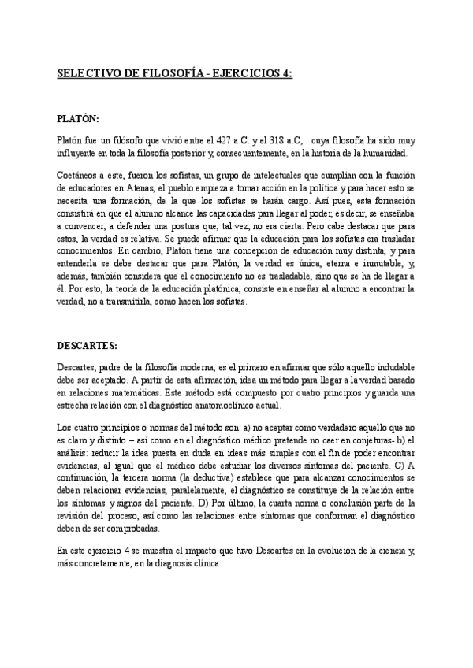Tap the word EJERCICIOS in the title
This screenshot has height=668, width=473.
(242, 73)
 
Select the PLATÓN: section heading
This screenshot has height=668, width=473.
(78, 119)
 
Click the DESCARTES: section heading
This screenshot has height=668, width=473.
(88, 345)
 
